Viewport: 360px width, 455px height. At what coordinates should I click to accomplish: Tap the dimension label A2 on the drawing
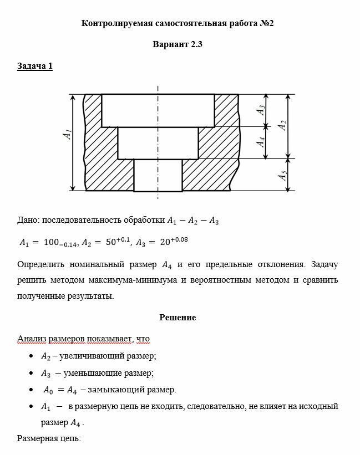pyautogui.click(x=282, y=125)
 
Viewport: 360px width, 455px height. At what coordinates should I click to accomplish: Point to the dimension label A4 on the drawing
pyautogui.click(x=260, y=142)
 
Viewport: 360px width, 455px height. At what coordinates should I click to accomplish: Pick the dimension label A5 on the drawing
pyautogui.click(x=282, y=176)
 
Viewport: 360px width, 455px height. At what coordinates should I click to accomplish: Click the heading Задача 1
pyautogui.click(x=35, y=67)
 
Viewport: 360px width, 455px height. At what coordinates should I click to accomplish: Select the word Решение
pyautogui.click(x=178, y=318)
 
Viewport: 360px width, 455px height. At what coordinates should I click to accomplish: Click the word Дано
pyautogui.click(x=28, y=220)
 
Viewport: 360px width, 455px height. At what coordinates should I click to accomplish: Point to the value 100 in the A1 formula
pyautogui.click(x=52, y=243)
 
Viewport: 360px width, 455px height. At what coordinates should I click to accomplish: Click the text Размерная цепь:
pyautogui.click(x=49, y=438)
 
